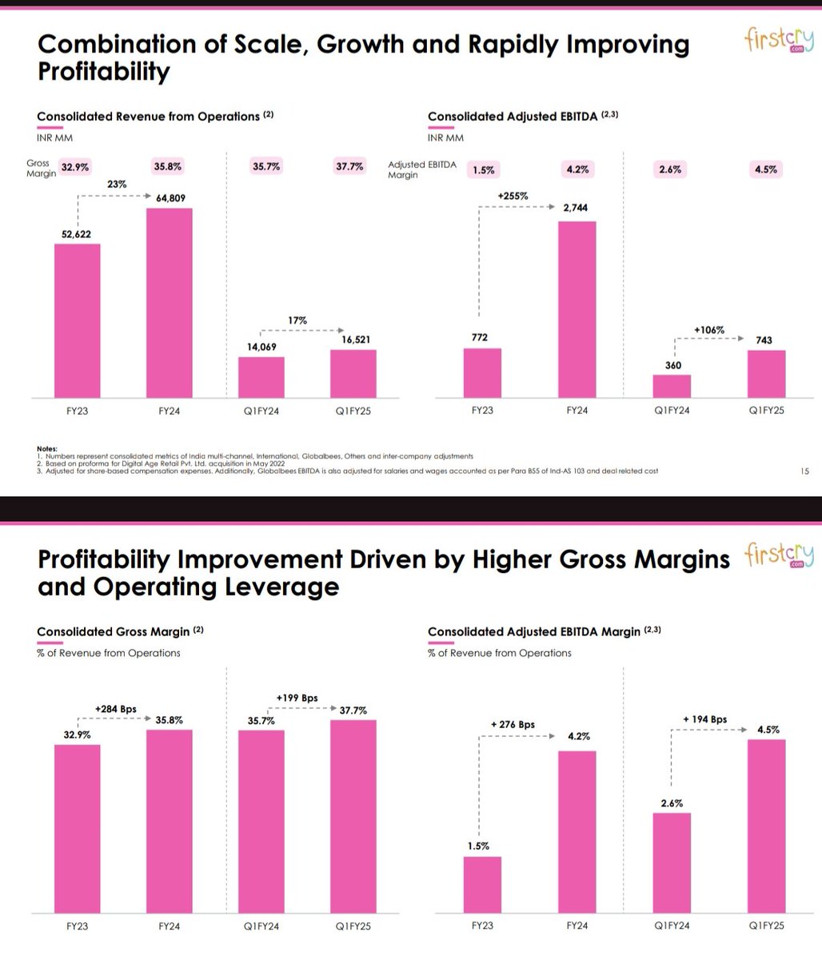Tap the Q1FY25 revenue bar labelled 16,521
point(353,373)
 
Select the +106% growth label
point(708,329)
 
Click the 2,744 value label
point(576,208)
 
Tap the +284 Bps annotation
point(115,709)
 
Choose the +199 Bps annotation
point(297,698)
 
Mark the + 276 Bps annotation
point(513,725)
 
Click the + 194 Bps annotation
point(705,719)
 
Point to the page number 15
point(804,472)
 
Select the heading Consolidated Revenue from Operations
point(149,117)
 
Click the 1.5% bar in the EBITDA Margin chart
point(482,885)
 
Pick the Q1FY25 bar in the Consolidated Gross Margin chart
point(353,816)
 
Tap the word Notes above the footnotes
point(47,448)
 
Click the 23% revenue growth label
point(117,183)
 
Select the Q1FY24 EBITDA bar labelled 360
point(672,386)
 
